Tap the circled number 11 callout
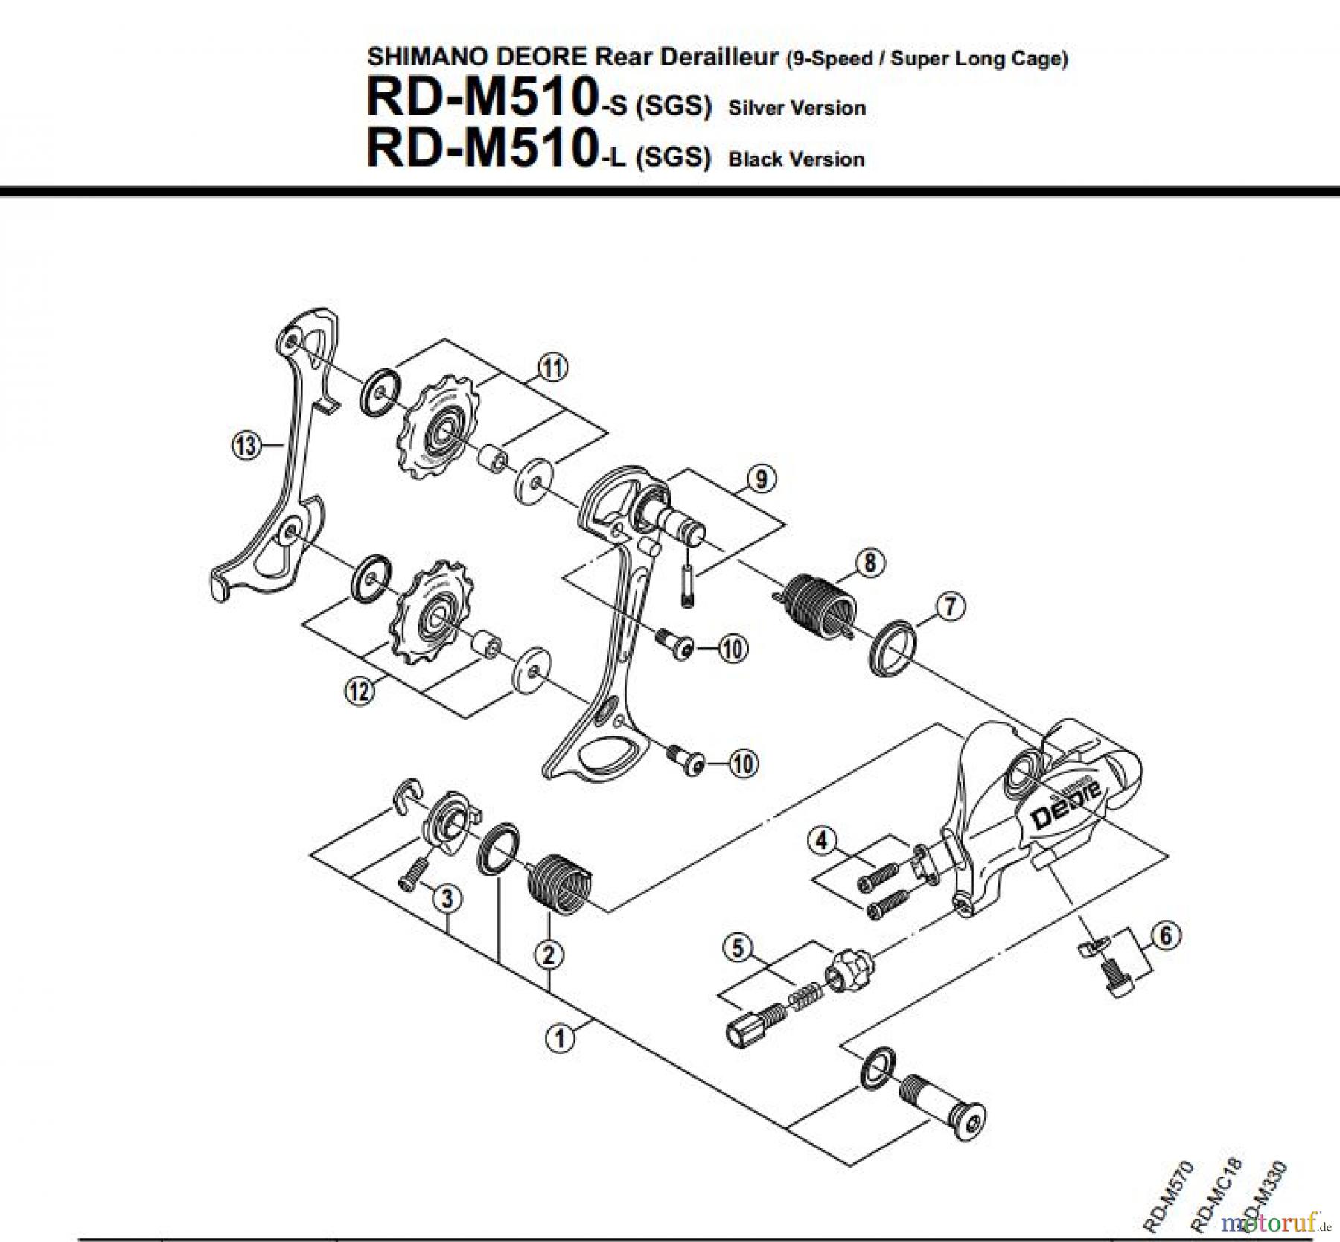(x=552, y=368)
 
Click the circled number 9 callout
(x=760, y=479)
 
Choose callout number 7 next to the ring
(x=949, y=606)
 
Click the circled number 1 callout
(x=561, y=1037)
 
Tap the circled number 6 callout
(x=1166, y=935)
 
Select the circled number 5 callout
(x=738, y=948)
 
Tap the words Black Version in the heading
(x=796, y=159)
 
